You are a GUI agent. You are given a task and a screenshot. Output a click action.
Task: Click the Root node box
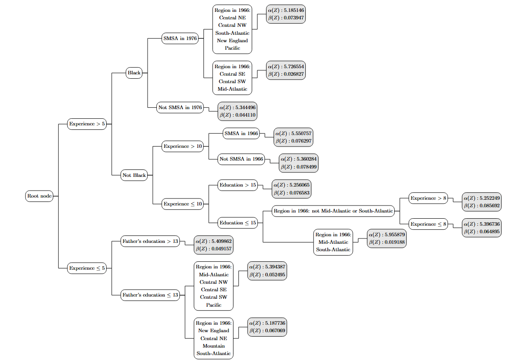[40, 196]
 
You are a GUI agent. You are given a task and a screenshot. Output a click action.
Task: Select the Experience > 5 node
[87, 124]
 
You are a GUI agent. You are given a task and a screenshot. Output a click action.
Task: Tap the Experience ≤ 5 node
[87, 268]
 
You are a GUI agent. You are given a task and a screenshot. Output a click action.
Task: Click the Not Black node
[134, 175]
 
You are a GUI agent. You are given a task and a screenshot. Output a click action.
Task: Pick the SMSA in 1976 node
[180, 38]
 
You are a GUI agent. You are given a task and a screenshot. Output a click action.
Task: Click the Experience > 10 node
[182, 146]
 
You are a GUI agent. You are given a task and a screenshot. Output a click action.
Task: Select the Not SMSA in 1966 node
[241, 159]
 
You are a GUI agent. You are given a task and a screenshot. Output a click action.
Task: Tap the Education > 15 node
[237, 185]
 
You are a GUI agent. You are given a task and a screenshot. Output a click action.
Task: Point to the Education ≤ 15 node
[237, 223]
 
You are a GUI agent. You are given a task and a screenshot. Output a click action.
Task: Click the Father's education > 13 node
[150, 241]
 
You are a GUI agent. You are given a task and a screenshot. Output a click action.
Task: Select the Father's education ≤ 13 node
[150, 295]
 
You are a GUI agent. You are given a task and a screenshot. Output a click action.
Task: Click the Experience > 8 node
[428, 198]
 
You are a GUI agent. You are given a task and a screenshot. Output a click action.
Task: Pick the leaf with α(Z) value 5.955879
[386, 238]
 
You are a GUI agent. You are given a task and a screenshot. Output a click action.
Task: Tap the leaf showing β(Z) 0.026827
[285, 70]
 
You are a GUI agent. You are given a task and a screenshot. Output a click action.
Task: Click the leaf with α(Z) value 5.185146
[285, 13]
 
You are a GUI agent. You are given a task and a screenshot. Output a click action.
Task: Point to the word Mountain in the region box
[213, 346]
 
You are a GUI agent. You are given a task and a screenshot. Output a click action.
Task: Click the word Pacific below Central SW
[213, 305]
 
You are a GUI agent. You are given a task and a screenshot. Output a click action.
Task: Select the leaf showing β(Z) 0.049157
[214, 245]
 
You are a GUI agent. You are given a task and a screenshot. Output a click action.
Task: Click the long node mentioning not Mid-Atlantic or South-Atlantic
[333, 211]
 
